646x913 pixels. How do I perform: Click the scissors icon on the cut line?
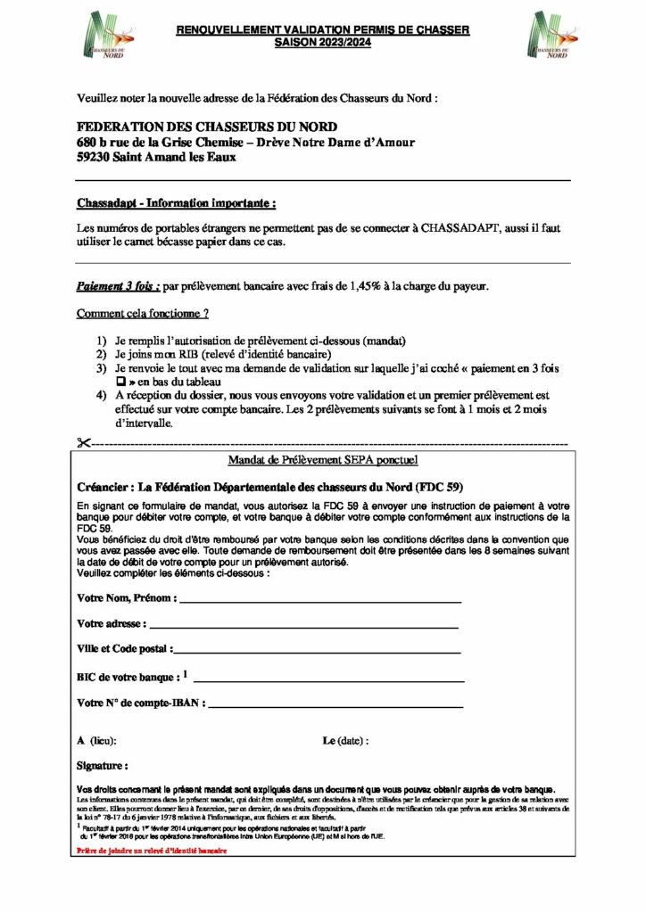tap(84, 443)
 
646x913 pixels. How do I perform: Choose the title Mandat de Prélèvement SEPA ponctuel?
tap(324, 460)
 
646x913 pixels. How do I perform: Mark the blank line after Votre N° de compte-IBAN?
tap(336, 706)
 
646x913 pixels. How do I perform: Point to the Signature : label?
tap(103, 765)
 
